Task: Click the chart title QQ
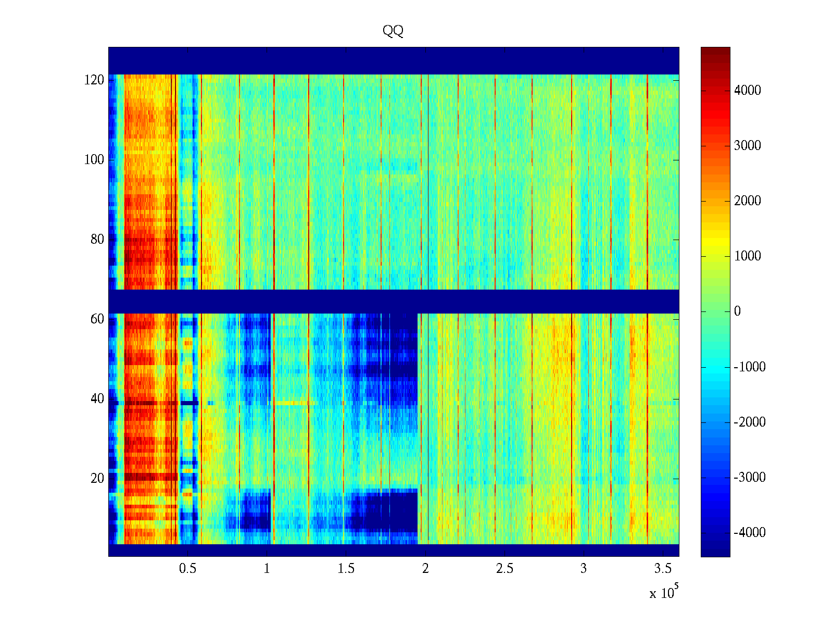(x=393, y=31)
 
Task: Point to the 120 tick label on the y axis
(x=94, y=80)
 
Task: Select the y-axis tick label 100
(x=94, y=160)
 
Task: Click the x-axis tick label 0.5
(x=187, y=569)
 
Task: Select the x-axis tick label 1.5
(x=346, y=569)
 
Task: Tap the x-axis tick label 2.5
(x=504, y=569)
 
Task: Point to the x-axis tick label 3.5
(x=663, y=569)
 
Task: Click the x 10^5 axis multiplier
(x=663, y=592)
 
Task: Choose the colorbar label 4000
(x=748, y=91)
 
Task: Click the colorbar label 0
(x=737, y=311)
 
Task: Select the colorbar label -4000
(x=750, y=533)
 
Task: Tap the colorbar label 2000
(x=748, y=201)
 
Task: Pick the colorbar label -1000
(x=750, y=367)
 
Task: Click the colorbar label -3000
(x=750, y=478)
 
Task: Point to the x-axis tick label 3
(x=584, y=569)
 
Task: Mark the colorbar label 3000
(x=748, y=146)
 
